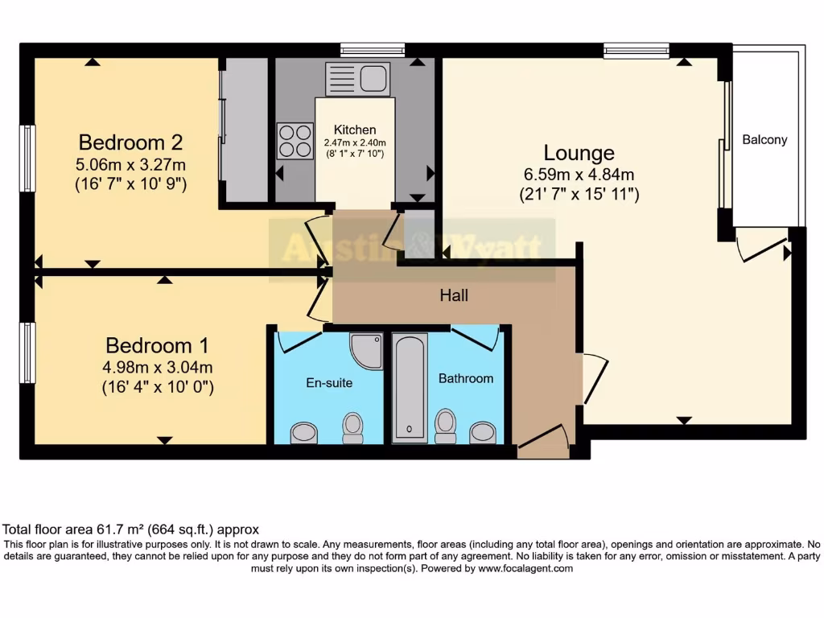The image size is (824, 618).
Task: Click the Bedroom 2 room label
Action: click(130, 143)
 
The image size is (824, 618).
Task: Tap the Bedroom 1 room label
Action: click(157, 346)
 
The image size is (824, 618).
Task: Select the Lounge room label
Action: click(579, 153)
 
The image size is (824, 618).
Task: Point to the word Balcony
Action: click(764, 140)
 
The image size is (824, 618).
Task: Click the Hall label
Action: click(454, 296)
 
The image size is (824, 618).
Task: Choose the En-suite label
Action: click(328, 383)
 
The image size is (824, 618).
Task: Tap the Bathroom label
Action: click(465, 378)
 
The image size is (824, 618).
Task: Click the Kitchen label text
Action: click(355, 130)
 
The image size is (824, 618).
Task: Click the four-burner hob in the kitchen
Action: click(295, 140)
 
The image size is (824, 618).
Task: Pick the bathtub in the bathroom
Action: click(409, 388)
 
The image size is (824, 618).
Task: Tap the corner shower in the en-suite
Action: click(367, 351)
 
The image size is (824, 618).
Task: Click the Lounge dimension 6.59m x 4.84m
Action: click(579, 175)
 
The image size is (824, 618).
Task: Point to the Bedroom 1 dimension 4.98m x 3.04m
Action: click(157, 369)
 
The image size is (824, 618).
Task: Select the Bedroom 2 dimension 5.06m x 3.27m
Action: click(130, 166)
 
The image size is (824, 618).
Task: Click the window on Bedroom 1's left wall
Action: click(28, 352)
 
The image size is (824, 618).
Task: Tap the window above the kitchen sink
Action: click(372, 50)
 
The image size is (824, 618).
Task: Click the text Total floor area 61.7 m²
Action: click(130, 529)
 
